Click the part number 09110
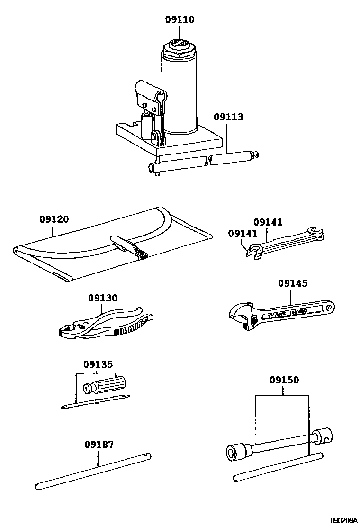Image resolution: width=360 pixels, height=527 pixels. pyautogui.click(x=180, y=20)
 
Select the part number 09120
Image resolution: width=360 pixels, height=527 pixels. pyautogui.click(x=54, y=219)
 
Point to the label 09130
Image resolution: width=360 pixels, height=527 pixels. pyautogui.click(x=103, y=298)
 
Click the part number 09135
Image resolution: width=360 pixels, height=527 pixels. pyautogui.click(x=98, y=365)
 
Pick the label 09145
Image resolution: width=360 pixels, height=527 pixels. pyautogui.click(x=292, y=283)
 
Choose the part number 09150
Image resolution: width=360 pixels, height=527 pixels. pyautogui.click(x=284, y=380)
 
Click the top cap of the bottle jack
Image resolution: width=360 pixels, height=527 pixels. pyautogui.click(x=180, y=46)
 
